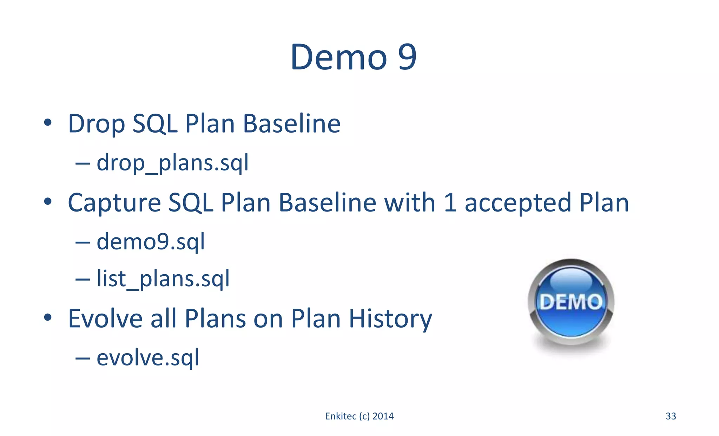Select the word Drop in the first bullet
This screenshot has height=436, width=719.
point(96,124)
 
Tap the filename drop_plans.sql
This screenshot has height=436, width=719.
point(172,163)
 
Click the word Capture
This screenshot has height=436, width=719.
point(114,203)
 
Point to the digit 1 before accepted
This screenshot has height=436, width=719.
point(450,203)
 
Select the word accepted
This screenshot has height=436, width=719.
point(518,203)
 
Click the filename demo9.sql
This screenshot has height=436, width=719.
point(151,242)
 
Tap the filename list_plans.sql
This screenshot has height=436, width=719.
point(163,279)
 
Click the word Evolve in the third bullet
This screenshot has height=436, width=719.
point(104,318)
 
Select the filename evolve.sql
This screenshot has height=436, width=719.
point(148,358)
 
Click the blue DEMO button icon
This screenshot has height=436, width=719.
point(571,302)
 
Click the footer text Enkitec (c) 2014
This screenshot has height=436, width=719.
point(359,416)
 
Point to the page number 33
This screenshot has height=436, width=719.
point(671,416)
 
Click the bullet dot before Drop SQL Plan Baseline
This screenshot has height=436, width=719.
point(48,123)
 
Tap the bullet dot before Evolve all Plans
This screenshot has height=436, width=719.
point(48,317)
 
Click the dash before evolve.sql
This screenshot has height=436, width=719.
point(83,358)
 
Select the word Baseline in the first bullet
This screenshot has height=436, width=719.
point(291,124)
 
